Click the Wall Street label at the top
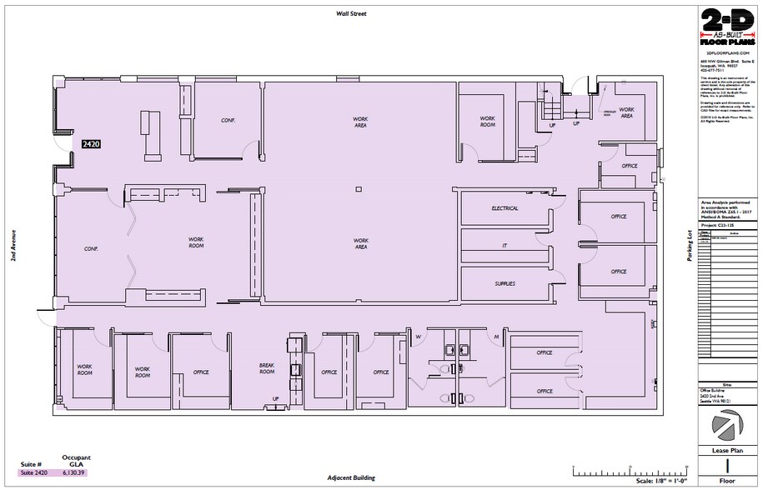click(x=352, y=14)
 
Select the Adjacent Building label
click(x=352, y=479)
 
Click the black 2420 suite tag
click(x=91, y=144)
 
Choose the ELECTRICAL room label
click(x=504, y=208)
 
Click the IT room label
click(x=504, y=246)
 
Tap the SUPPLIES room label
click(x=504, y=283)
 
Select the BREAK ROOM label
click(x=267, y=368)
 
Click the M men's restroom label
click(x=496, y=337)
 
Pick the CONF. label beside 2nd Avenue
click(x=92, y=248)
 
